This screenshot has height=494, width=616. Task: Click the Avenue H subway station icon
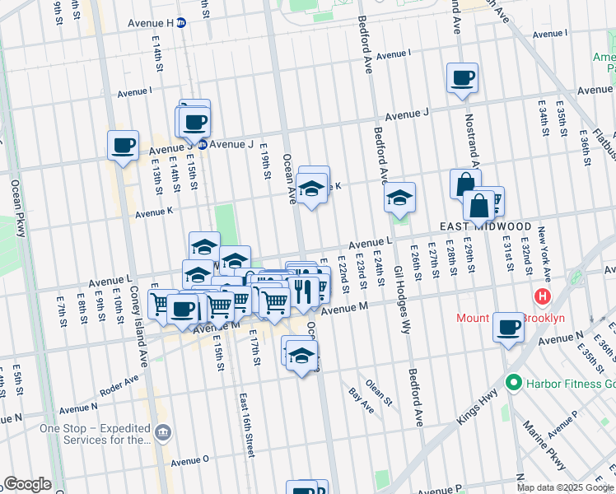tap(181, 23)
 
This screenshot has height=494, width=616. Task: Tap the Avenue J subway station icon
tap(200, 144)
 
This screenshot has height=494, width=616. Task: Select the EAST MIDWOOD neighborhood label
tap(484, 226)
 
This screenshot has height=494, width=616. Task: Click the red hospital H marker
tap(543, 296)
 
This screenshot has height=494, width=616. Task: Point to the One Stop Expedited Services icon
tap(163, 431)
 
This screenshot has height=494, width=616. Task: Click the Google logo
tap(27, 484)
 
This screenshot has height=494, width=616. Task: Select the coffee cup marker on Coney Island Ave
tap(123, 146)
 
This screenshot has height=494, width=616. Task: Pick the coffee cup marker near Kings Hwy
tap(508, 327)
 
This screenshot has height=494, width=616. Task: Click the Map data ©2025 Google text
tap(564, 487)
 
